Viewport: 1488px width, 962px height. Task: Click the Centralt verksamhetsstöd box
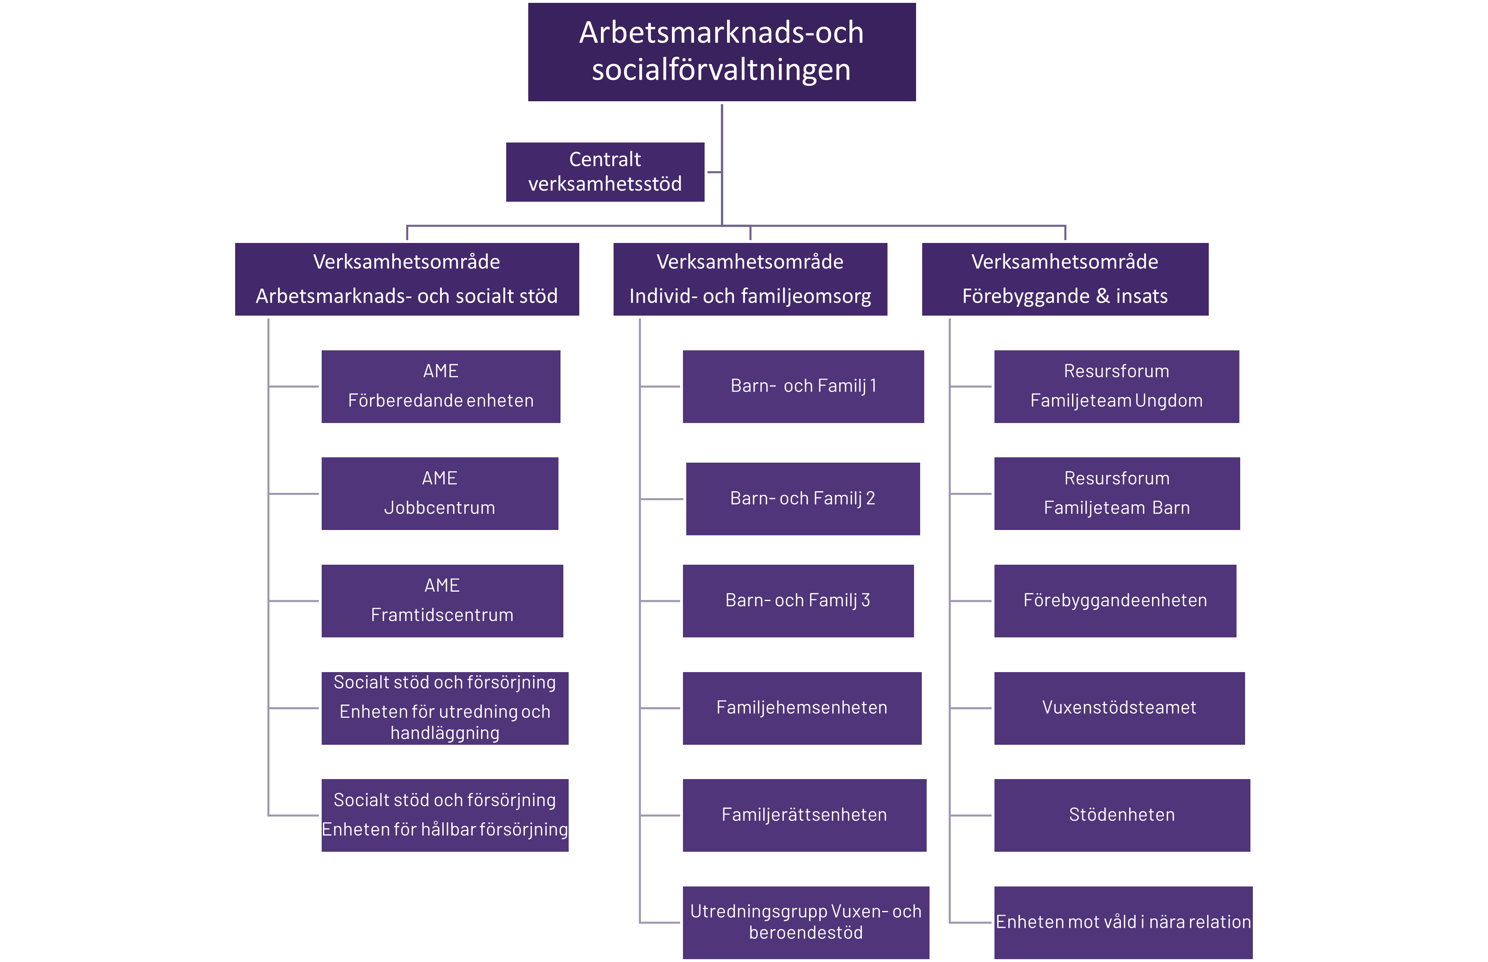(x=605, y=172)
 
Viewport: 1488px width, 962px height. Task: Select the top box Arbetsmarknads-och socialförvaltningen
(x=721, y=52)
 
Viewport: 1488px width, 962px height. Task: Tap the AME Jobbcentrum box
(x=440, y=494)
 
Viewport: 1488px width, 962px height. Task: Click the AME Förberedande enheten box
(x=441, y=386)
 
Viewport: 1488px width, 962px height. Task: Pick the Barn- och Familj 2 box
(x=803, y=499)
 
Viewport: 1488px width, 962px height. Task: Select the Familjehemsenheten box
(x=802, y=708)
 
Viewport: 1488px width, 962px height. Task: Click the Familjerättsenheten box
(x=804, y=815)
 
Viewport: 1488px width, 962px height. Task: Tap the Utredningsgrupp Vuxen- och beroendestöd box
(x=805, y=922)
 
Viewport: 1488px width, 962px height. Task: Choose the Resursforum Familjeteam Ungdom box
(x=1117, y=386)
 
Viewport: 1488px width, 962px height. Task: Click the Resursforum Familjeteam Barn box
(x=1117, y=494)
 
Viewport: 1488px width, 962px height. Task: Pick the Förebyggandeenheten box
(x=1115, y=600)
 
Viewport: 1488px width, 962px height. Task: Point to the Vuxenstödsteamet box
(x=1119, y=708)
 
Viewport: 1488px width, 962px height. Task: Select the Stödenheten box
(x=1122, y=815)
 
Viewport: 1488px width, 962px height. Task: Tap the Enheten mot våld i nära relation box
(x=1123, y=922)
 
